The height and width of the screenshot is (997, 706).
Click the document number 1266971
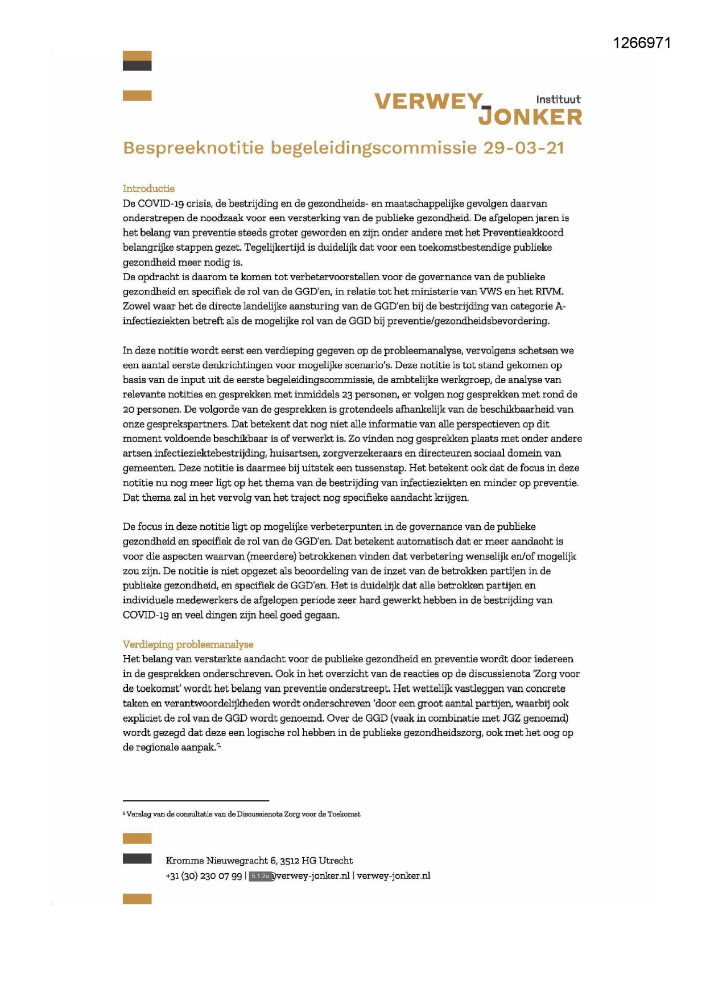click(x=642, y=43)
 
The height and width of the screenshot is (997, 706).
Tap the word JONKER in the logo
click(x=530, y=117)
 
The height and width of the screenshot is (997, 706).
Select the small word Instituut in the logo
click(x=558, y=99)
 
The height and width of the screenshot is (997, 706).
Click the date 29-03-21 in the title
click(x=523, y=148)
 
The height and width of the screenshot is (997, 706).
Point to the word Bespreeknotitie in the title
click(x=193, y=148)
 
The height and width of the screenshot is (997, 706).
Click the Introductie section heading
click(x=148, y=189)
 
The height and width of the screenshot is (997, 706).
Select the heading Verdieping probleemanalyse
click(x=188, y=645)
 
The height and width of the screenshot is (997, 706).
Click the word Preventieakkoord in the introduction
click(x=523, y=232)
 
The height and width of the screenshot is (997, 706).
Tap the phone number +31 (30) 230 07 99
click(x=204, y=876)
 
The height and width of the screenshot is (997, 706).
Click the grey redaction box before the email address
click(x=259, y=876)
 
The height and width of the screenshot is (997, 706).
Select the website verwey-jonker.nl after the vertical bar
click(x=394, y=876)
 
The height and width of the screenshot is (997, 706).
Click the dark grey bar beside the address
click(x=137, y=858)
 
